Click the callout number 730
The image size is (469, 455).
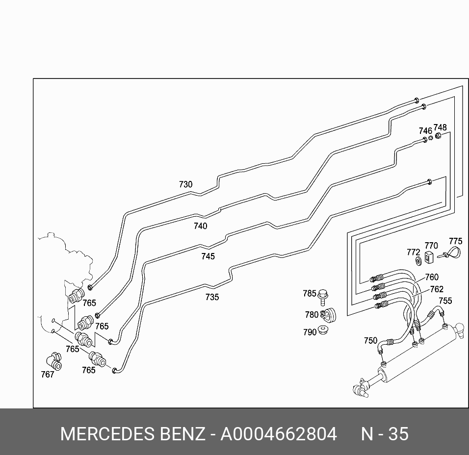185,185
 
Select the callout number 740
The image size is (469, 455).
200,226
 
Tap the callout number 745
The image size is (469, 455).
208,256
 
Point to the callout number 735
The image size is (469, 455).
212,297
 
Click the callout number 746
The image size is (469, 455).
425,131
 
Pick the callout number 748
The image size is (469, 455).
440,128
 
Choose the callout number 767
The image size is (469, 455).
48,375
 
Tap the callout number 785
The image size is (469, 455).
310,294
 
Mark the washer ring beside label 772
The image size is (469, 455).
418,260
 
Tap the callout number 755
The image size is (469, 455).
445,301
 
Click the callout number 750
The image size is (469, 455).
370,341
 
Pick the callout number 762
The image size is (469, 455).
437,289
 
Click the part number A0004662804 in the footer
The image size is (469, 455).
278,434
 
